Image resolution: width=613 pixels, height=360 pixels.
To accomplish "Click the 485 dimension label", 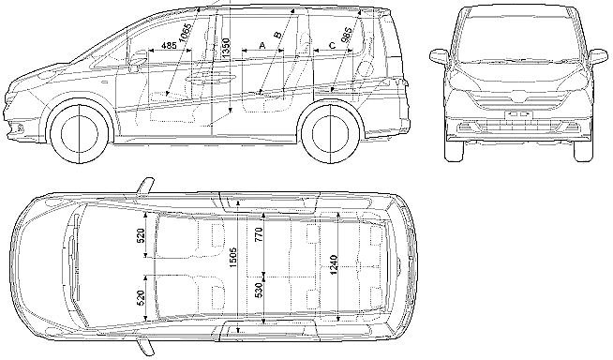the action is click(169, 45).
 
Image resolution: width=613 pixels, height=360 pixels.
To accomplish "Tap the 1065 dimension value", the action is click(185, 32).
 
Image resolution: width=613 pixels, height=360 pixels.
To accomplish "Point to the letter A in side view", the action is click(262, 45).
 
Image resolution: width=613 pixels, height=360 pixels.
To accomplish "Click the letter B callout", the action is click(277, 35).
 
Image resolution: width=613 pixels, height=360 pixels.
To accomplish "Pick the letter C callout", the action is click(333, 45).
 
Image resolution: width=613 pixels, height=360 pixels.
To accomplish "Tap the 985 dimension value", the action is click(346, 36).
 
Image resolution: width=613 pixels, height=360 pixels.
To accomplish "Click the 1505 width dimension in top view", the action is click(233, 258).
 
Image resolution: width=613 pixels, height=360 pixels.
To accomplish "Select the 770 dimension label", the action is click(260, 234).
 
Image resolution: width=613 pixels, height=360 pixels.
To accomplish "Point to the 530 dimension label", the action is click(260, 290).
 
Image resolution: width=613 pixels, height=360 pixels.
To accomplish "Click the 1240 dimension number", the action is click(334, 264).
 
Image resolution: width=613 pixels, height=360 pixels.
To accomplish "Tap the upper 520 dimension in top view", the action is click(142, 235).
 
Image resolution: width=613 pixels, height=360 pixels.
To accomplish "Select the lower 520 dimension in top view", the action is click(142, 298).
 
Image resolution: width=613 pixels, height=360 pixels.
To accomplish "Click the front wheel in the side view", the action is click(79, 133).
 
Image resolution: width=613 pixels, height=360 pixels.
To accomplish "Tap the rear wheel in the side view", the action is click(331, 133).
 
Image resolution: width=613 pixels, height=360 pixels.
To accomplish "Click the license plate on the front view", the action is click(518, 114).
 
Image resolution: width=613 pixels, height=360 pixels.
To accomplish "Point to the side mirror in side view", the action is click(136, 62).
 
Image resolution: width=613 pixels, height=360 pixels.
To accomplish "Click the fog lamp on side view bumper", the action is click(16, 127).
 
